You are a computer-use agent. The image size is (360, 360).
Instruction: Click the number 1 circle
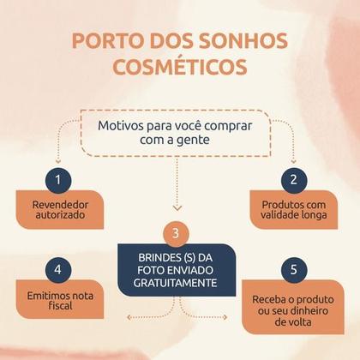(58, 180)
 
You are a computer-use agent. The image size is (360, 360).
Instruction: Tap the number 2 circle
(294, 180)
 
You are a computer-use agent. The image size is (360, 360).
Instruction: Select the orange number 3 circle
(176, 233)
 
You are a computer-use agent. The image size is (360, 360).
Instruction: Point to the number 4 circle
(58, 270)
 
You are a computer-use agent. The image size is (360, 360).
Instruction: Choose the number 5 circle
(294, 270)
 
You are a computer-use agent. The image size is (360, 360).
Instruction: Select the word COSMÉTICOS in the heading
(180, 67)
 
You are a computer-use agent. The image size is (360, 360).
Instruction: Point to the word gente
(194, 141)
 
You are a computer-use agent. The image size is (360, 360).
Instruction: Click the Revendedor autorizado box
(60, 210)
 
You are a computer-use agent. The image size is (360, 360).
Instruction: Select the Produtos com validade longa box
(294, 210)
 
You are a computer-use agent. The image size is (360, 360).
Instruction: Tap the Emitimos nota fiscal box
(60, 299)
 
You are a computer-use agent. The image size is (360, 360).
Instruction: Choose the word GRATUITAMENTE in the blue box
(176, 283)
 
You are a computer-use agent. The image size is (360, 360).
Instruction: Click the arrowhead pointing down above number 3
(177, 208)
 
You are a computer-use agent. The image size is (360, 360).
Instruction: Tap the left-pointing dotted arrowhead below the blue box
(129, 317)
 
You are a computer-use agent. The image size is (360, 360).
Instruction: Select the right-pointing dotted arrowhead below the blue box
(225, 317)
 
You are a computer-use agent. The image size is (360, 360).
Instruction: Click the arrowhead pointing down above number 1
(58, 161)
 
